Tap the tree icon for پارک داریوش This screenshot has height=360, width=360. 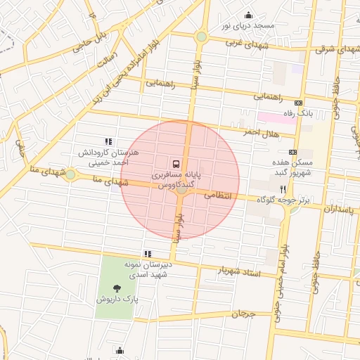pos(116,288)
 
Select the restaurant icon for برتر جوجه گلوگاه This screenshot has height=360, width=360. pos(283,189)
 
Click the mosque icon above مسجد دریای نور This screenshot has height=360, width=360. pos(247,15)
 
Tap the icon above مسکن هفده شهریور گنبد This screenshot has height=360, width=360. pos(293,152)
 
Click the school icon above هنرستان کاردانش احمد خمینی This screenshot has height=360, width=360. pos(107,141)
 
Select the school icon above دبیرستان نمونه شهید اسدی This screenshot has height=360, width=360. pos(147,254)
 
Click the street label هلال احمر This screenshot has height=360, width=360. pos(262,131)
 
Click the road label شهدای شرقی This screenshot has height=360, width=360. pos(334,49)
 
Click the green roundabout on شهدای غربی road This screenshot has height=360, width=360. pos(202,37)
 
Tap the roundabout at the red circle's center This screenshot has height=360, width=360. pos(181,188)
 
